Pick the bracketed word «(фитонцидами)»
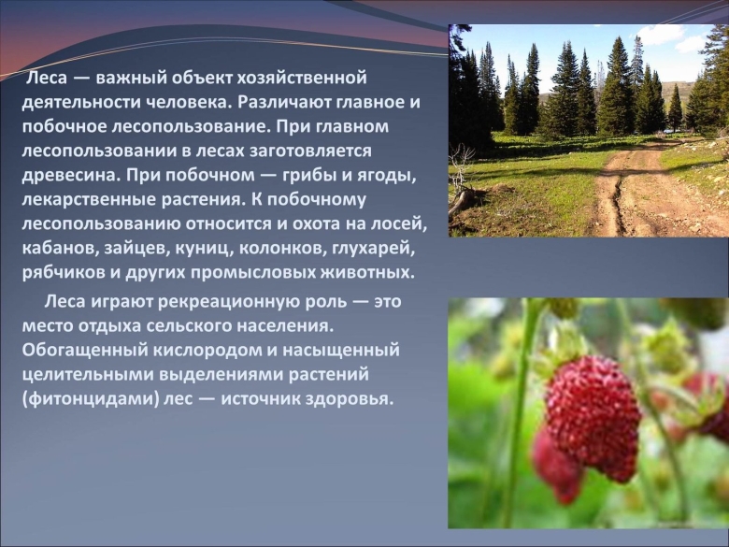pyautogui.click(x=84, y=398)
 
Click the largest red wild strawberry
pyautogui.click(x=593, y=417)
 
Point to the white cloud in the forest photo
pyautogui.click(x=665, y=36)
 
